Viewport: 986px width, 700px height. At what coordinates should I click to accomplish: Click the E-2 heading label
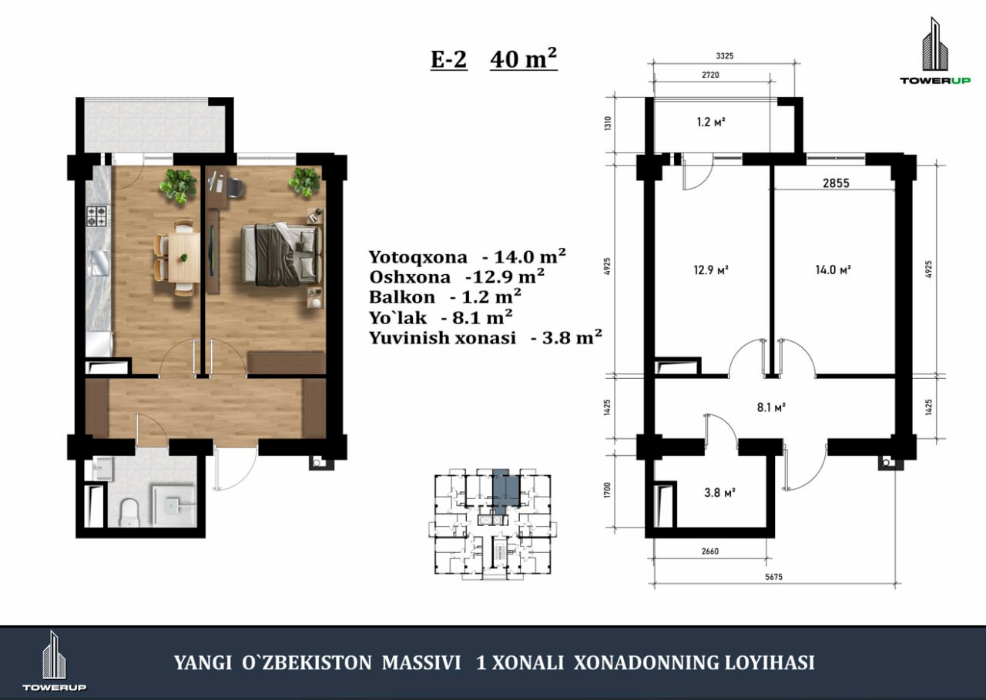448,59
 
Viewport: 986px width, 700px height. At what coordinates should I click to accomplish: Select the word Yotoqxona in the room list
418,257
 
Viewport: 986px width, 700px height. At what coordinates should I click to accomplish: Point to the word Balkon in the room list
401,297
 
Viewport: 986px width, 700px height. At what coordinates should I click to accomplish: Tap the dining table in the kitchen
184,257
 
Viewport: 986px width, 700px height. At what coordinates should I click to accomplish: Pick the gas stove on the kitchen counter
96,216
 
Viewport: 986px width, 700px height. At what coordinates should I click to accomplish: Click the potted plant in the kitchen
178,186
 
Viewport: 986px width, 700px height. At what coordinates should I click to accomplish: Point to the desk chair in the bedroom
236,187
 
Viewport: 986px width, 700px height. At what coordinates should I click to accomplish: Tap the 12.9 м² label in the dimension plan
711,270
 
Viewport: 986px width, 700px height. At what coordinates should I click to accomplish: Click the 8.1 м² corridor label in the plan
771,407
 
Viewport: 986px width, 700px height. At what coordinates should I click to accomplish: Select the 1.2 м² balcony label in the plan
711,122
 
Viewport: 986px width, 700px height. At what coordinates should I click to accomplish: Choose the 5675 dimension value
773,576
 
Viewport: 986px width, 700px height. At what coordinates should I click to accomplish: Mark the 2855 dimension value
836,183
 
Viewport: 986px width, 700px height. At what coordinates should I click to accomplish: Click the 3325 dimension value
725,56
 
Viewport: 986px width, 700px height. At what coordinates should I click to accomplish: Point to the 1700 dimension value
608,490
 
